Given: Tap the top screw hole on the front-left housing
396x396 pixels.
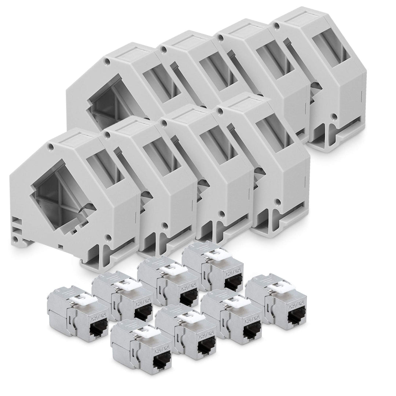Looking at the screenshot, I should (x=51, y=147).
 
